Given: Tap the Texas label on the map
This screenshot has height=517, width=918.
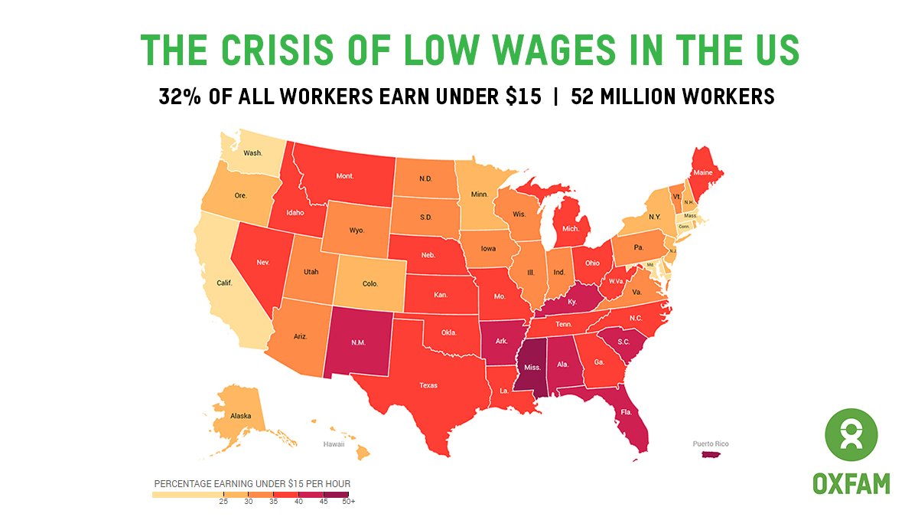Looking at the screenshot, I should point(428,385).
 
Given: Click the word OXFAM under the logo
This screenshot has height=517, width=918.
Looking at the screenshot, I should point(851,484).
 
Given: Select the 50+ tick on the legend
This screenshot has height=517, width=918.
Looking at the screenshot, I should point(348,502).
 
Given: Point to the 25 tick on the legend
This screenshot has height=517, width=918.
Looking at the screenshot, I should point(223,502).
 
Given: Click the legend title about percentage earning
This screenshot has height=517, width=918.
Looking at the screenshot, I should point(252,484).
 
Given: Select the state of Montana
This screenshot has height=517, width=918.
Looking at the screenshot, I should point(344,175).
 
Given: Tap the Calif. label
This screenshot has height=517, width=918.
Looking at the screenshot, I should point(223,283).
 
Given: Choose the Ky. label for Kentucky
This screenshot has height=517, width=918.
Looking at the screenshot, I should point(571,303).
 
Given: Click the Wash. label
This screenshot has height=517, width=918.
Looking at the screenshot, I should point(252,152).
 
